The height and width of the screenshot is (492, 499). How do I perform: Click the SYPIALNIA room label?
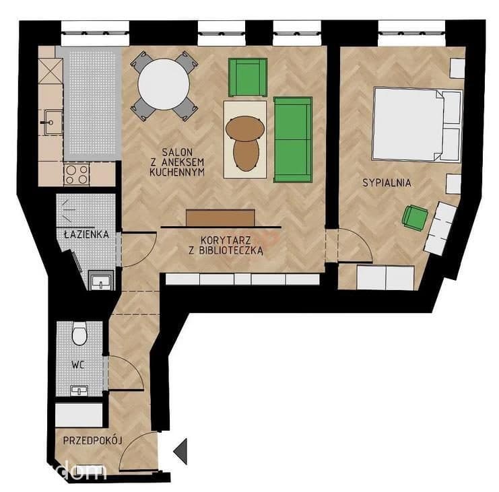click(387, 182)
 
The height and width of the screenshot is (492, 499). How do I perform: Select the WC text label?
click(78, 365)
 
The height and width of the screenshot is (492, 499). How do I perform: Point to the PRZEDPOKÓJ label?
click(92, 440)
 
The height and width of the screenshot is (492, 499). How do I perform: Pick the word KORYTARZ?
click(226, 240)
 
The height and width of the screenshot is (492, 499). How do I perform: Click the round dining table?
click(164, 84)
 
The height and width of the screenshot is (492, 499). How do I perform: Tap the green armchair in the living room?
click(248, 77)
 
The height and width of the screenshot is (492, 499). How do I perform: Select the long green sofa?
click(293, 139)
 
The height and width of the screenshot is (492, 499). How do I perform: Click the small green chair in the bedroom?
click(415, 217)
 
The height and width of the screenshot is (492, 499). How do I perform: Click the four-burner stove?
click(77, 174)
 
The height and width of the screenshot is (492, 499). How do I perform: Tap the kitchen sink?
click(53, 122)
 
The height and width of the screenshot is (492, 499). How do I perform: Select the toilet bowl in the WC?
click(79, 333)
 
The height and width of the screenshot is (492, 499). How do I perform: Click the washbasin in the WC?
click(79, 391)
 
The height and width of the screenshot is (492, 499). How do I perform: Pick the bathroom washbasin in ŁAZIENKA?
click(101, 281)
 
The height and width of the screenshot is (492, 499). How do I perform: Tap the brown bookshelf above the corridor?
click(220, 217)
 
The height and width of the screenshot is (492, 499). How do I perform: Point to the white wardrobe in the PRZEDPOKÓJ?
click(79, 415)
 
